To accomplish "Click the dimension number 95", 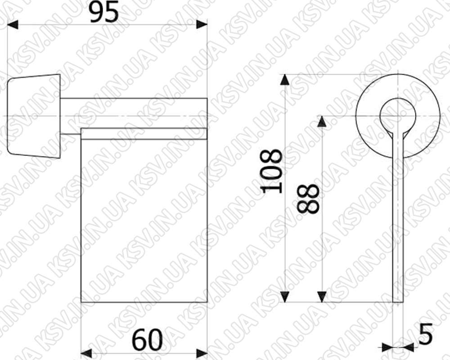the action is (x=104, y=13).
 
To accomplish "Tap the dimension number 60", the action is (x=147, y=340).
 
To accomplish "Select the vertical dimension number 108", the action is (x=271, y=171).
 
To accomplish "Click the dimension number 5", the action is (x=425, y=333).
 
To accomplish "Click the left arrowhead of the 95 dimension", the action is (x=13, y=25).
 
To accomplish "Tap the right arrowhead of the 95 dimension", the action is (x=202, y=25).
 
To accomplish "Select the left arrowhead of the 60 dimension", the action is (x=86, y=353).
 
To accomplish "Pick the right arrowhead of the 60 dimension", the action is (x=202, y=353).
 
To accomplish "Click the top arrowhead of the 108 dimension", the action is (x=284, y=80).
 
